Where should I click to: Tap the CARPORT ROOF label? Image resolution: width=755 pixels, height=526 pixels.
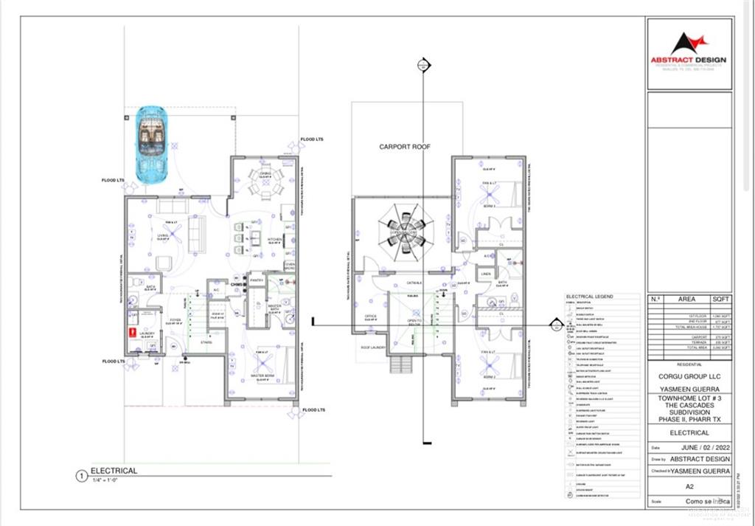pos(405,147)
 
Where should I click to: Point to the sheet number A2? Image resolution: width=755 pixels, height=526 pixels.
pos(689,486)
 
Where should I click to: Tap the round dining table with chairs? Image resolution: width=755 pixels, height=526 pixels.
pos(264,181)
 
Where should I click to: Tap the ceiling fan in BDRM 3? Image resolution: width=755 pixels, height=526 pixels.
pos(487,192)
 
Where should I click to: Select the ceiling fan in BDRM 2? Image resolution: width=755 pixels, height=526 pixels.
pos(487,363)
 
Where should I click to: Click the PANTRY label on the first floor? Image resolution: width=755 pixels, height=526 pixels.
pos(257,280)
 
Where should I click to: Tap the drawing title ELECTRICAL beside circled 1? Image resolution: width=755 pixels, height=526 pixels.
pos(114,470)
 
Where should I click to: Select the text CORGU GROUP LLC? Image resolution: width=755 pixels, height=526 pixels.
pos(689,374)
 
